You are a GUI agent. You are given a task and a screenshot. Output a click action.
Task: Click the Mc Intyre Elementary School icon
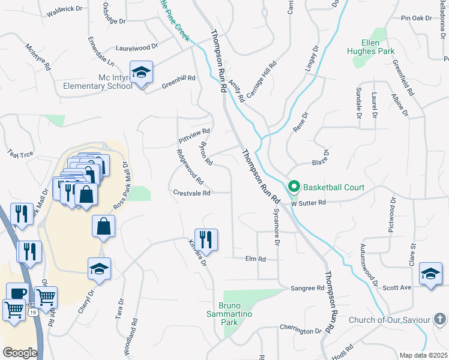[142, 73]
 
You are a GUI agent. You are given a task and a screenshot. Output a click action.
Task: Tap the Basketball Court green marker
[294, 187]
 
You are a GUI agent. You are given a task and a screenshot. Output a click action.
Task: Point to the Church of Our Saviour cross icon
[439, 320]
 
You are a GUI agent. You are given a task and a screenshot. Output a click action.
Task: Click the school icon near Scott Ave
[430, 274]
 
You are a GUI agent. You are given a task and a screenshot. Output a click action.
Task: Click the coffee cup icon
[18, 293]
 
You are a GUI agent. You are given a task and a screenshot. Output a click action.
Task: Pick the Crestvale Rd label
[191, 193]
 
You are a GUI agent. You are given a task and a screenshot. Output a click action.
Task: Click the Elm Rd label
[255, 259]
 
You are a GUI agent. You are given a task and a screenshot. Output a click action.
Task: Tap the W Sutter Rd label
[308, 203]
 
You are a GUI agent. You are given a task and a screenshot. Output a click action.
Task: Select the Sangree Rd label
[307, 289]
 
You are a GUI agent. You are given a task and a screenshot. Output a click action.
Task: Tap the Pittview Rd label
[194, 136]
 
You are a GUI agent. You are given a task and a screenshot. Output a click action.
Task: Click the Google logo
[20, 352]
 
